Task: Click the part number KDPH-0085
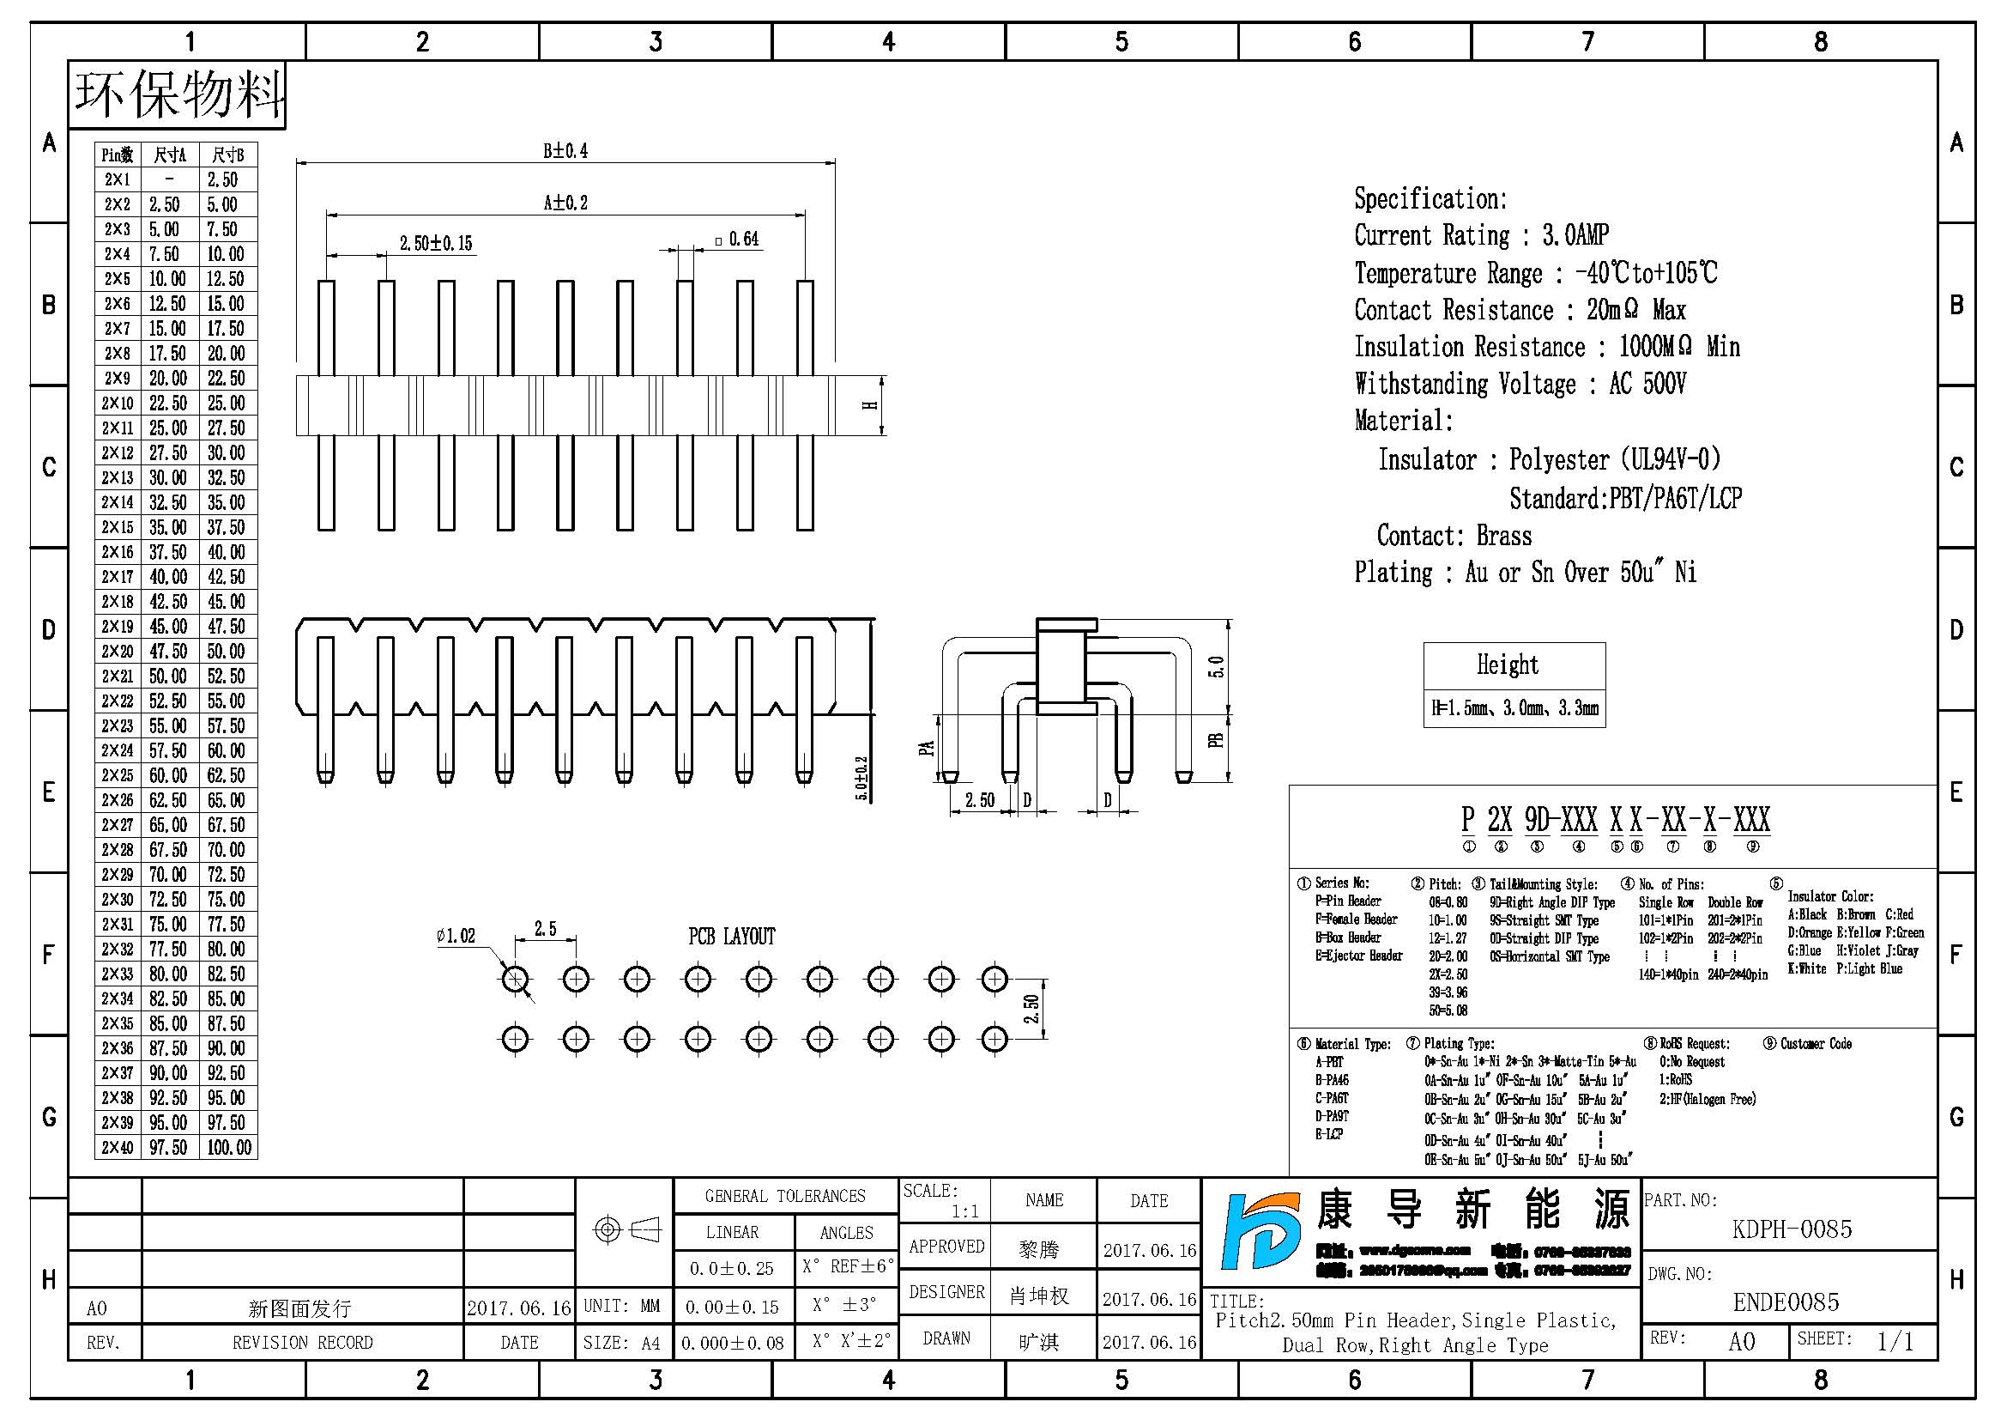tap(1791, 1229)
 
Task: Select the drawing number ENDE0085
tap(1786, 1302)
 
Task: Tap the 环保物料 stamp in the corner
tap(178, 94)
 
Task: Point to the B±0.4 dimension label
tap(565, 151)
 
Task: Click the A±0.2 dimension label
tap(565, 203)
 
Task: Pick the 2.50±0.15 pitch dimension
tap(435, 243)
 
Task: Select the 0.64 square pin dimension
tap(737, 240)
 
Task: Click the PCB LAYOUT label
tap(731, 937)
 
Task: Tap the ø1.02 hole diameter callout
tap(456, 937)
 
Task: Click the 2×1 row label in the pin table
tap(118, 180)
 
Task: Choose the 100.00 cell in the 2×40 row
tap(229, 1147)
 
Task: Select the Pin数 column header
tap(118, 155)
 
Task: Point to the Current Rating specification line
tap(1481, 235)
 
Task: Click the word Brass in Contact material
tap(1503, 535)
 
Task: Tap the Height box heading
tap(1507, 664)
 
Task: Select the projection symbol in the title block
tap(626, 1230)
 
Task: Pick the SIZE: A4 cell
tap(621, 1343)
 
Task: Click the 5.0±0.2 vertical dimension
tap(861, 778)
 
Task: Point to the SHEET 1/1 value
tap(1895, 1341)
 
